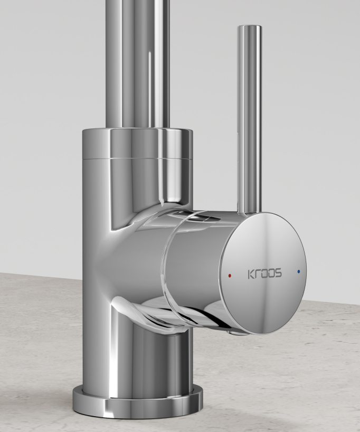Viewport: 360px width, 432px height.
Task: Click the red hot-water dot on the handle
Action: [229, 276]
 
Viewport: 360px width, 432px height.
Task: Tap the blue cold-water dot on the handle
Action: [299, 271]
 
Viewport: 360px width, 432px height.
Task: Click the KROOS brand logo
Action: [264, 274]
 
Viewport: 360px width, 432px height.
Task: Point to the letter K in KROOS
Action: [251, 274]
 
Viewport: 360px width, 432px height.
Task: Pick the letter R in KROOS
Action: [257, 274]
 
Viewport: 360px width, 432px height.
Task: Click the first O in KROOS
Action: [263, 274]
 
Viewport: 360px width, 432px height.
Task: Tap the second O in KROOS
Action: [271, 274]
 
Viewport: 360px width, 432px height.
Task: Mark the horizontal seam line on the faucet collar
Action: [137, 157]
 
